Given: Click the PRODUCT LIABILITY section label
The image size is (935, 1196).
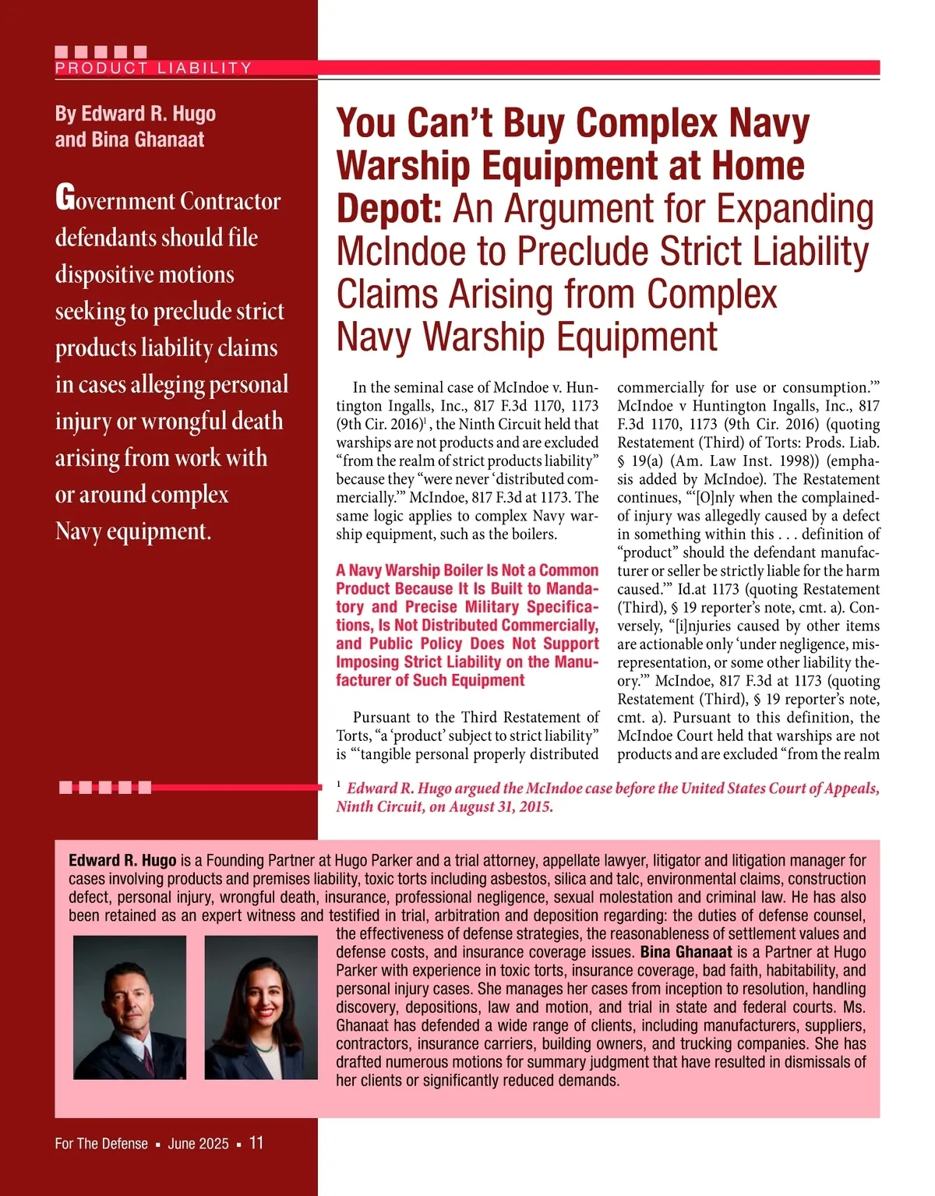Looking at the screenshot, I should (153, 68).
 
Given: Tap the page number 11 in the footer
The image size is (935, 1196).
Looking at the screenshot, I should (256, 1143).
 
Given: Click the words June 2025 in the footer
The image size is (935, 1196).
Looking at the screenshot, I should (198, 1144).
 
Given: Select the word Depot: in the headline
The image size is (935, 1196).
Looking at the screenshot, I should (390, 209).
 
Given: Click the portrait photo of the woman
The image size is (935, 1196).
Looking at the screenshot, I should (261, 1007).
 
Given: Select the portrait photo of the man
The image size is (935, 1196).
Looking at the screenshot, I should (130, 1007).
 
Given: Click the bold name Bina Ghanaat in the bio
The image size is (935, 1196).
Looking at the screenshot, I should (686, 951).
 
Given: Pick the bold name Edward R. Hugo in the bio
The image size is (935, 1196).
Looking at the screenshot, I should (122, 860).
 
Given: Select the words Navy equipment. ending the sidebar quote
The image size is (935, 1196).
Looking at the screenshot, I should (133, 531).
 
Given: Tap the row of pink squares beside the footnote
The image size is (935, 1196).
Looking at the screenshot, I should (105, 788).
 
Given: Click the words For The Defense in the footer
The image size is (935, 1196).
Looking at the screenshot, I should (101, 1144).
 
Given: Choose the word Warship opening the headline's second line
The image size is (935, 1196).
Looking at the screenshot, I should (403, 166).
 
